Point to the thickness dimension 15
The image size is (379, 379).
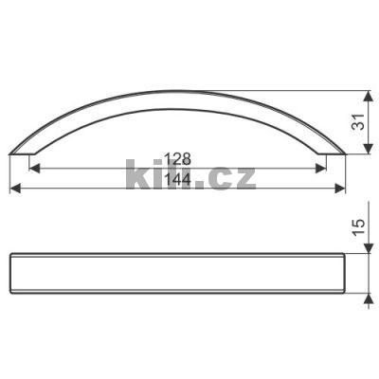[356, 226]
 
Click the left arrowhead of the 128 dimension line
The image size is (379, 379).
[35, 170]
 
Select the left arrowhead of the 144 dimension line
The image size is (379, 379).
[15, 189]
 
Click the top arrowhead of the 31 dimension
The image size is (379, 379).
[366, 96]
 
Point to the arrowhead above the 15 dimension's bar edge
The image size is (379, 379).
[366, 247]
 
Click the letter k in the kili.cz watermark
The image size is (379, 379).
[135, 175]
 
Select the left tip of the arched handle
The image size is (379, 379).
[12, 152]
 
